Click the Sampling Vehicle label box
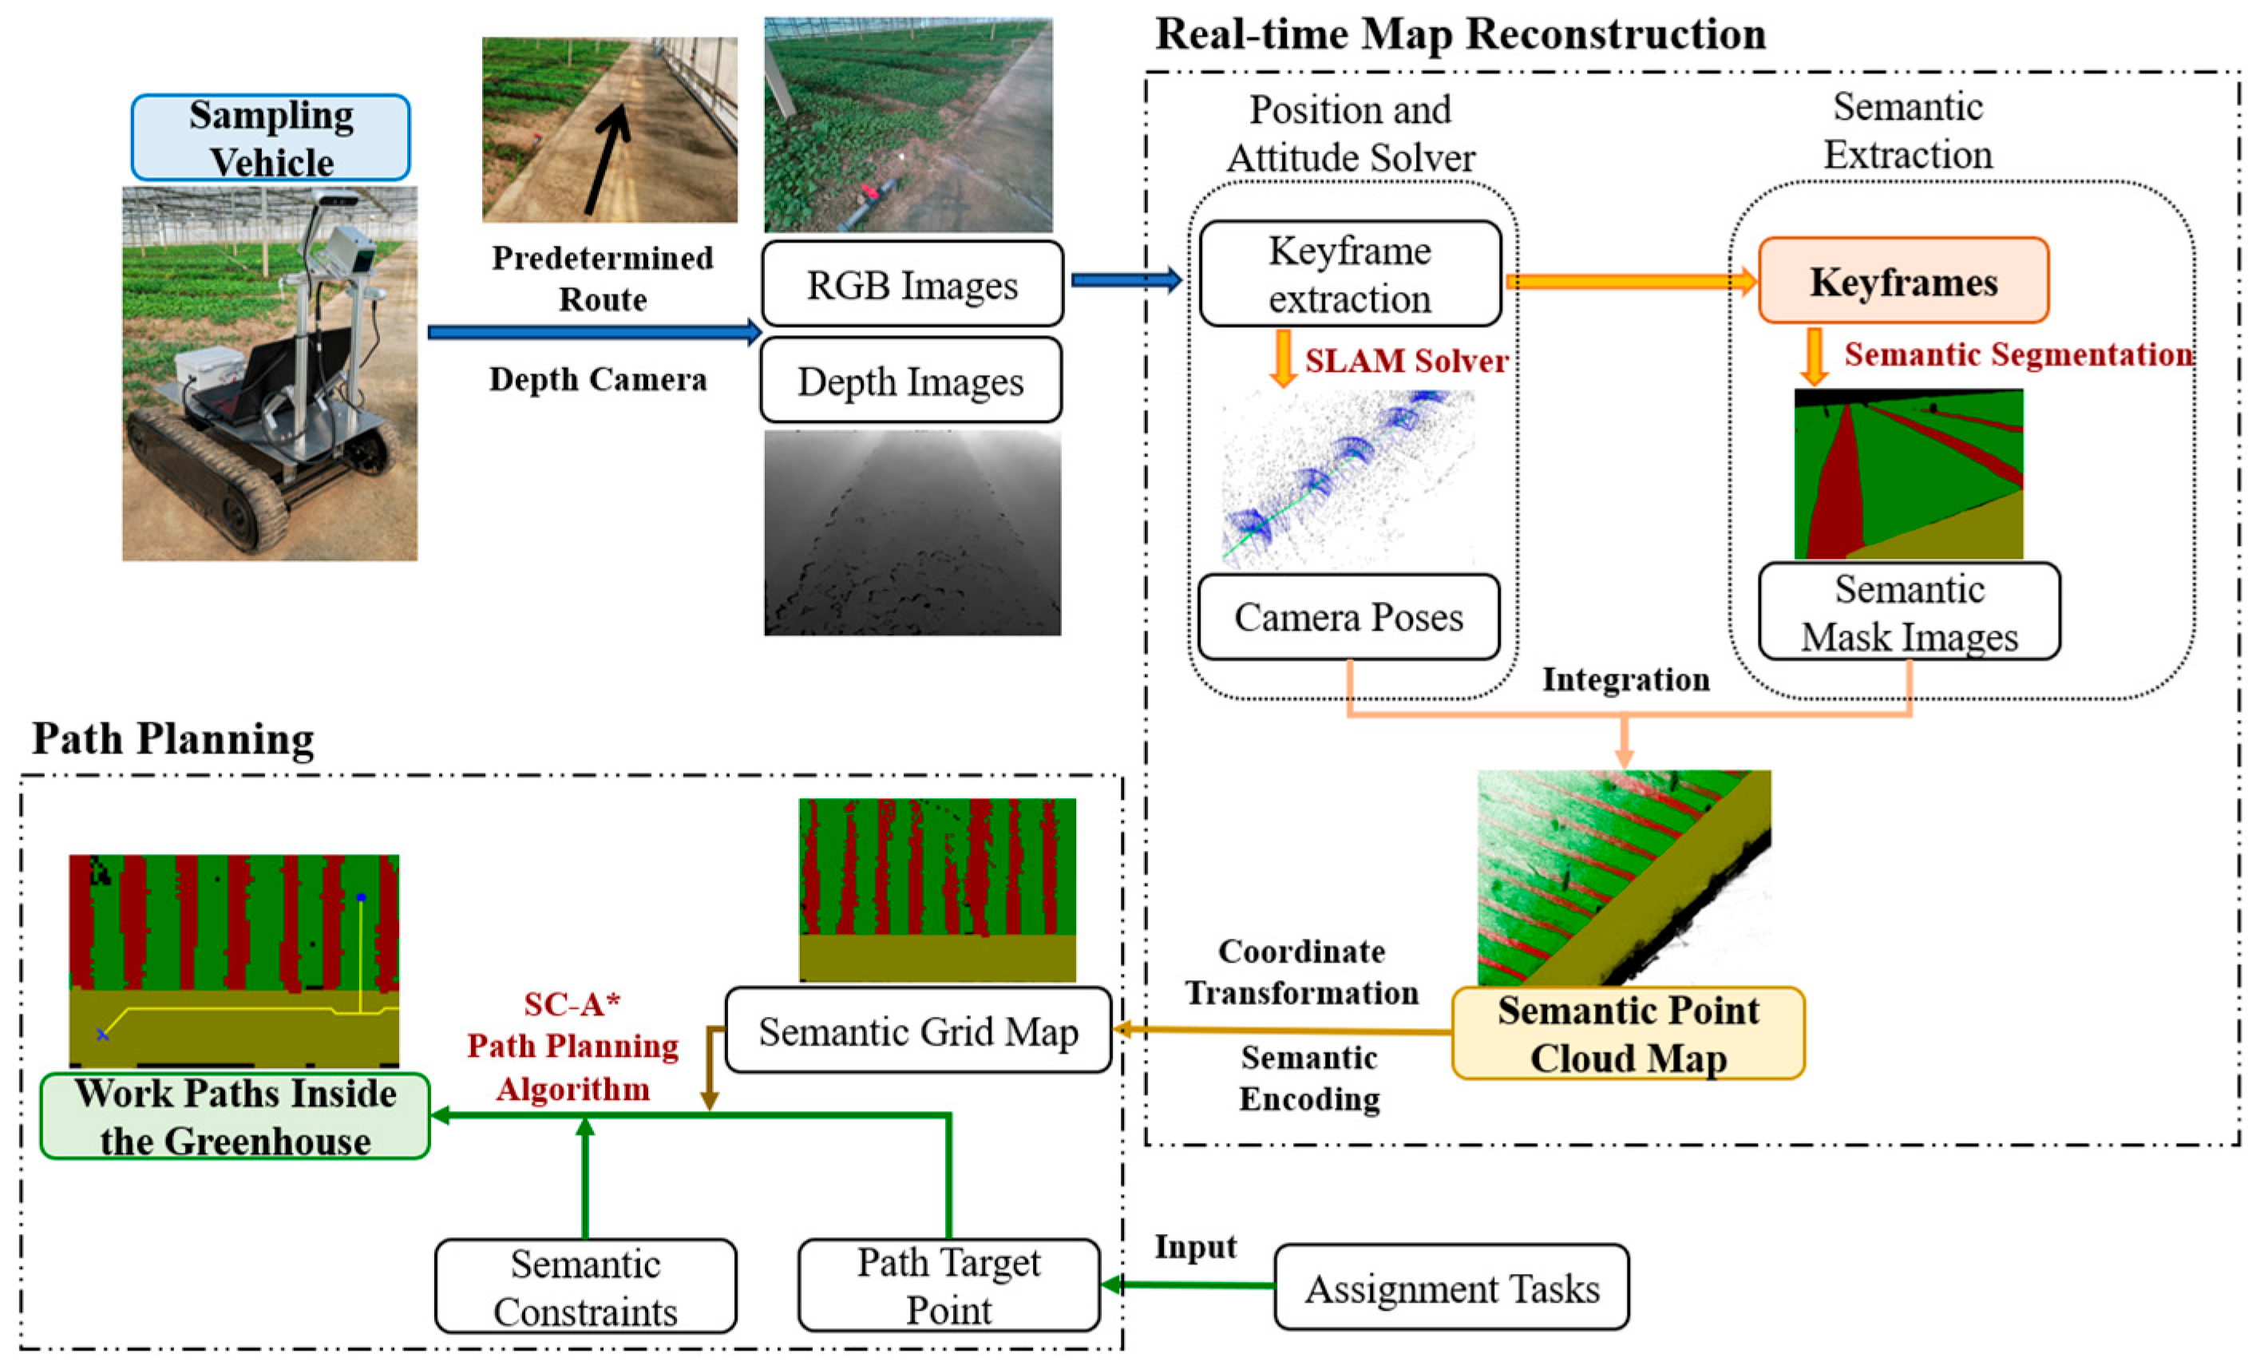point(270,137)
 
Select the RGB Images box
point(912,285)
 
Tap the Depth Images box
point(911,381)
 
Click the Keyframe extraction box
point(1350,274)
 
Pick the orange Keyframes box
point(1903,281)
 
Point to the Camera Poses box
point(1348,617)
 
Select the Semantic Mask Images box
point(1909,611)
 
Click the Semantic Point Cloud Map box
point(1628,1034)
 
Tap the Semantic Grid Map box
point(917,1031)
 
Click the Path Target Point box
point(948,1285)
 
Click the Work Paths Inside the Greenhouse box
point(235,1116)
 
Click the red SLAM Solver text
point(1406,361)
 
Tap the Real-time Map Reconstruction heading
point(1460,35)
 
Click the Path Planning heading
point(173,738)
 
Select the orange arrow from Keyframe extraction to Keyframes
point(1630,281)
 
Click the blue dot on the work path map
point(361,897)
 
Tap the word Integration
point(1625,679)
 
